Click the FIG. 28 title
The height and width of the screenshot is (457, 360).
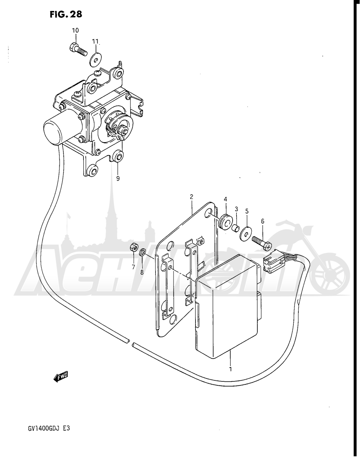pos(66,14)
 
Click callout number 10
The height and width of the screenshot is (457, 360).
pos(76,30)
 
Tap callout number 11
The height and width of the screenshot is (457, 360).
pos(95,41)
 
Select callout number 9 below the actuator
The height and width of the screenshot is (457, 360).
pos(118,178)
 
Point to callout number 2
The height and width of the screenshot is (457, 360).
pos(192,197)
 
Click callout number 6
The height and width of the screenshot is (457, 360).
pos(263,221)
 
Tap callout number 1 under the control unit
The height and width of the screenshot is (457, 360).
pos(230,369)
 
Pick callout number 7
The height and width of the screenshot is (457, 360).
pos(133,267)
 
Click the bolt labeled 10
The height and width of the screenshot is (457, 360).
pos(78,49)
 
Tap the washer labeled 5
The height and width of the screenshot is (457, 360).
pos(246,234)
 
